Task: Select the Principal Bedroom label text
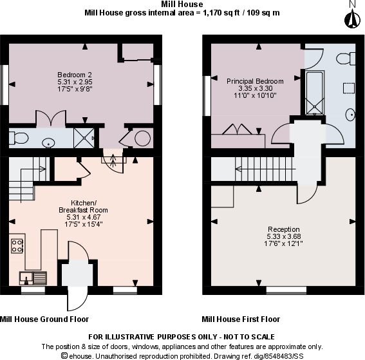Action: click(x=254, y=81)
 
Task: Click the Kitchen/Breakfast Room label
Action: click(x=82, y=206)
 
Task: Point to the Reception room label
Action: click(x=284, y=229)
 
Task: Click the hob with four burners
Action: click(x=17, y=245)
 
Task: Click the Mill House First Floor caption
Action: click(x=241, y=319)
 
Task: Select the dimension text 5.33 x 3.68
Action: click(x=284, y=236)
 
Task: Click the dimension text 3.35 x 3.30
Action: click(x=254, y=88)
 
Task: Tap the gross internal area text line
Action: click(x=183, y=12)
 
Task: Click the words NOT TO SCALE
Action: click(x=250, y=337)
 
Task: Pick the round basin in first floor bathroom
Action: click(x=350, y=115)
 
